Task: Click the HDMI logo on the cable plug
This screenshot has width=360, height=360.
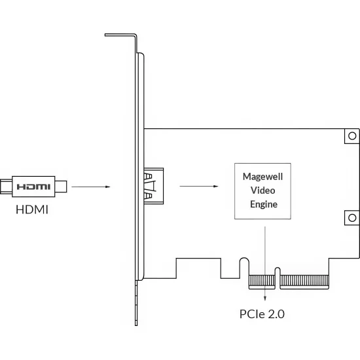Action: pos(33,187)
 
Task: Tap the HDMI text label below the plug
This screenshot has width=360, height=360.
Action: pos(32,209)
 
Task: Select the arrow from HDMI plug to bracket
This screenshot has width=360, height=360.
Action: pos(91,187)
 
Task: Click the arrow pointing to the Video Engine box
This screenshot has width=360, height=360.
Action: pos(199,186)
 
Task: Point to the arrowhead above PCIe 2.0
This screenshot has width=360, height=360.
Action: pos(265,298)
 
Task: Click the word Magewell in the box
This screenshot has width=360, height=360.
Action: pos(262,177)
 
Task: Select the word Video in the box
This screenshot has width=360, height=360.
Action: pos(262,190)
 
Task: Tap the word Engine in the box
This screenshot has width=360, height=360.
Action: pos(264,204)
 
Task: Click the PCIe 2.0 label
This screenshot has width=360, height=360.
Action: pos(262,314)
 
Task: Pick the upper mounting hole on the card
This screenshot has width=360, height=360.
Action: pos(352,136)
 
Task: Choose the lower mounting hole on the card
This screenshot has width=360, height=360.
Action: pos(352,218)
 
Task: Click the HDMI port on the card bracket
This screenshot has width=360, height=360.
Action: pos(154,186)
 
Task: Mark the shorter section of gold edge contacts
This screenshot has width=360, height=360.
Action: pos(262,282)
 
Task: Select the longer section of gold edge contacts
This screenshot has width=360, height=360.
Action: pos(304,282)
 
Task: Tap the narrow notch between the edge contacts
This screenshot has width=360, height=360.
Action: pos(278,278)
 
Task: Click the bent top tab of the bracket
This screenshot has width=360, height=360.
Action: pos(120,35)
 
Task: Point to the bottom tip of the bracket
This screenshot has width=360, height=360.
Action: pos(136,325)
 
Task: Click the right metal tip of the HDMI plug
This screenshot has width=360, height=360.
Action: pos(61,187)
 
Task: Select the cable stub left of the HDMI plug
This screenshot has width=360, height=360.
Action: pos(6,187)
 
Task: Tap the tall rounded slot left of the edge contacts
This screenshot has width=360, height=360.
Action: pos(244,268)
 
